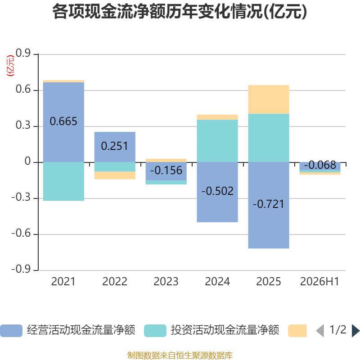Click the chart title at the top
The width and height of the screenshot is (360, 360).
tap(180, 12)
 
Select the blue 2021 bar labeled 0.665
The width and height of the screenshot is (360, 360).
tap(63, 122)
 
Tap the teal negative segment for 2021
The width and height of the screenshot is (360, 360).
tap(63, 181)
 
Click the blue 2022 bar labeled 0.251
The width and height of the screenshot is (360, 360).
tap(115, 147)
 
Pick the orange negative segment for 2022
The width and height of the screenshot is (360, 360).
tap(115, 175)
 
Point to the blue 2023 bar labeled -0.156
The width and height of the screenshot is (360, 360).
tap(166, 171)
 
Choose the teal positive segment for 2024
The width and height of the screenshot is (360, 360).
tap(217, 141)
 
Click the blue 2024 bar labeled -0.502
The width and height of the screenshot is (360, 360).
tap(217, 192)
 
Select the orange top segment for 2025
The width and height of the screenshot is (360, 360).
tap(269, 99)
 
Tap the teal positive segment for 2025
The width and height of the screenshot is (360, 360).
tap(269, 138)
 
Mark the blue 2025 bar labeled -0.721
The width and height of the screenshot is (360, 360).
tap(269, 205)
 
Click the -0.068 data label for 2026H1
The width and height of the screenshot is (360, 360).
tap(320, 165)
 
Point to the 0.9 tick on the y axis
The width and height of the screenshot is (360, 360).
tap(23, 53)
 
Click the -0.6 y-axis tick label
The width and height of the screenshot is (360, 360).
tap(21, 233)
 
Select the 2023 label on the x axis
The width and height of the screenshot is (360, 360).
tap(166, 282)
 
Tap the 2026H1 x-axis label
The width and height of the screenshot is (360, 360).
tap(319, 282)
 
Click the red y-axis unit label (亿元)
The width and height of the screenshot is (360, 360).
tap(10, 66)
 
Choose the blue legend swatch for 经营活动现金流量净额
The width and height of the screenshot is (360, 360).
tap(11, 331)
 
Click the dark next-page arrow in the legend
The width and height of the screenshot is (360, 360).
tap(355, 331)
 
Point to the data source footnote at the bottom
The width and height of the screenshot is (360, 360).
tap(180, 355)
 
